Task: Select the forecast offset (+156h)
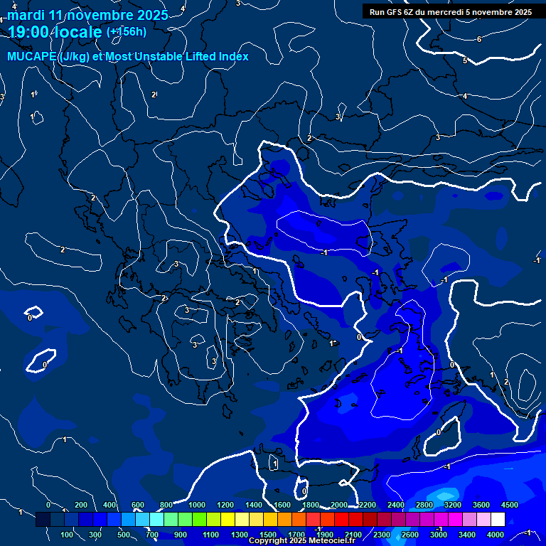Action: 127,31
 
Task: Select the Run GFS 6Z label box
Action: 451,11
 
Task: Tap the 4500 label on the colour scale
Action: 510,505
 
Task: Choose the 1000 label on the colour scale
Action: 197,505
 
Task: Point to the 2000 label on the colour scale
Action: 339,505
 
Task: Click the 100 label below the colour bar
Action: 68,535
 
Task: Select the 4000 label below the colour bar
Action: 496,535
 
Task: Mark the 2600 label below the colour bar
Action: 410,535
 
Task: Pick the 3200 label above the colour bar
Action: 453,505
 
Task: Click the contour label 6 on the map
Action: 479,39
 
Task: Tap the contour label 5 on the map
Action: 465,60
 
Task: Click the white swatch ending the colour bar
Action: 498,520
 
